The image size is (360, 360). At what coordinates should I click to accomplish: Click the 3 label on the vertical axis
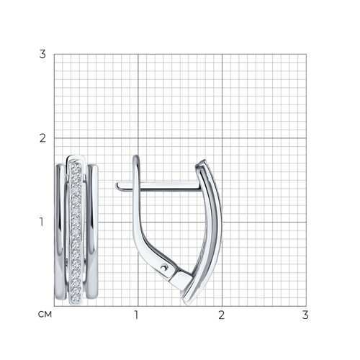[42, 54]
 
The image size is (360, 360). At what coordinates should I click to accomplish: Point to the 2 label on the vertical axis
[42, 138]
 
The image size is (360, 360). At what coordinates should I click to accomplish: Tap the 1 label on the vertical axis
[42, 222]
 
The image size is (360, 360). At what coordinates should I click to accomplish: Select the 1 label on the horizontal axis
[136, 315]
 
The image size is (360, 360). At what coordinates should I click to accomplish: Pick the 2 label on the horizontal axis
[221, 315]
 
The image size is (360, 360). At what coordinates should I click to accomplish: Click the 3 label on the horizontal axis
[305, 315]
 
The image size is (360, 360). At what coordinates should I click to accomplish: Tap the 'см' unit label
[45, 315]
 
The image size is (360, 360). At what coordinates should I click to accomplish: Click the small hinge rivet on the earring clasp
[164, 267]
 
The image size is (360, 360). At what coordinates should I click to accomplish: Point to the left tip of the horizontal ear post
[117, 186]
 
